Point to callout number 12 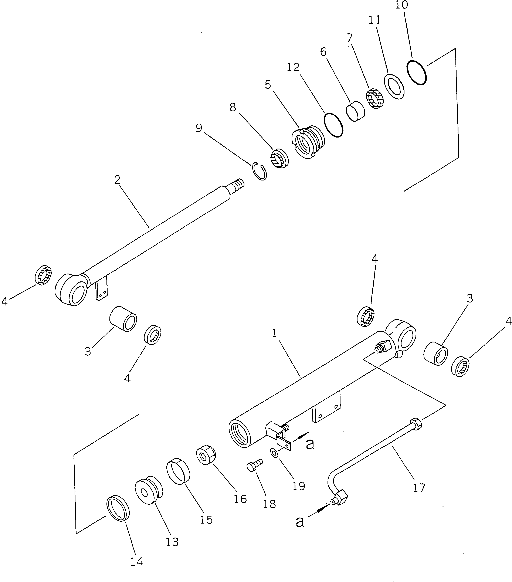point(293,67)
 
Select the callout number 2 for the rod point(117,180)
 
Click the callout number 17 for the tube point(419,488)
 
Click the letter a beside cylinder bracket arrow point(310,444)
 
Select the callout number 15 point(206,520)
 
